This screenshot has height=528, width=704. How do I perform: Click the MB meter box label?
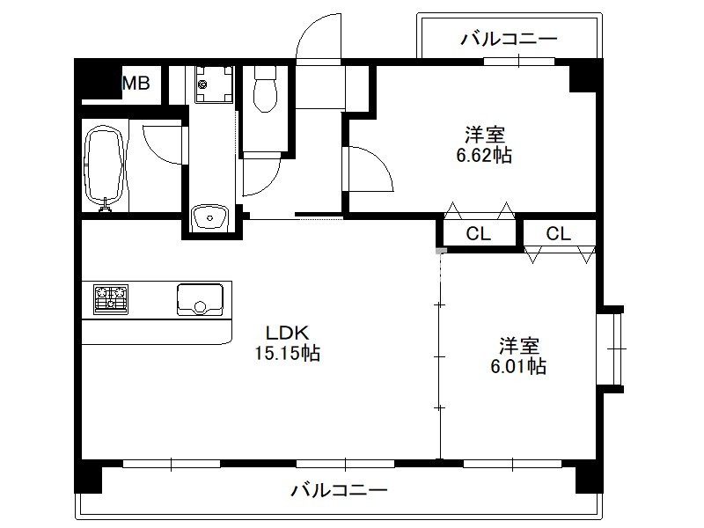pos(136,83)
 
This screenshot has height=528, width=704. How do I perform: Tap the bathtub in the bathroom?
pos(104,167)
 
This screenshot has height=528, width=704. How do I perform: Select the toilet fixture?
pos(265,90)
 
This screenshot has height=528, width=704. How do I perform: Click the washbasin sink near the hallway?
pos(210,217)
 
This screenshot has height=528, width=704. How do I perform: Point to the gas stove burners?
pos(111,299)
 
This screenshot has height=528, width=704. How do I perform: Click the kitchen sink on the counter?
pos(200,299)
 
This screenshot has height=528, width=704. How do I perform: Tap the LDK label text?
pos(288,334)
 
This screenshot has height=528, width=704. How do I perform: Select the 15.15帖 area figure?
pos(288,353)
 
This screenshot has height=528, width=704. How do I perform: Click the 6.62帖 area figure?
pos(484,156)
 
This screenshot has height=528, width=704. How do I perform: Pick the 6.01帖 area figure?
pos(518,366)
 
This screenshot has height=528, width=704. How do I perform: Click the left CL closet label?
pos(478,233)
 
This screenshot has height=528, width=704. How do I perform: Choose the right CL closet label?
pos(559,233)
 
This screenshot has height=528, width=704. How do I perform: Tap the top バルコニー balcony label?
pos(509,39)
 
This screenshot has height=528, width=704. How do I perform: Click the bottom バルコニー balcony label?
pos(339,489)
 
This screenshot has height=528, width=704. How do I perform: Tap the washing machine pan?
pos(214,84)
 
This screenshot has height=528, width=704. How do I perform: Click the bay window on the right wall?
pos(611,348)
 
